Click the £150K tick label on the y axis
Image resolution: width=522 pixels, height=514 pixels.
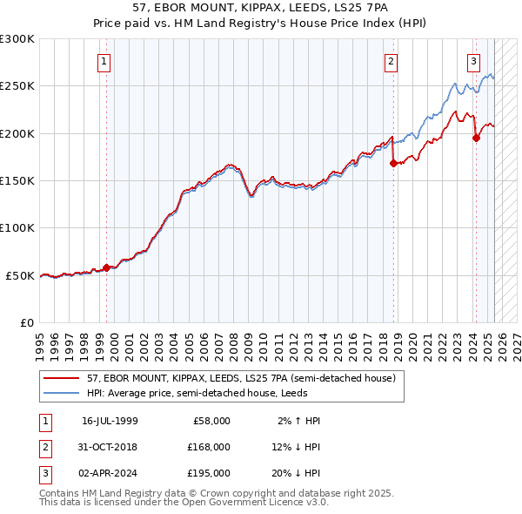pos(17,180)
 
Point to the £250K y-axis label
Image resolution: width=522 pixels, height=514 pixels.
pos(17,86)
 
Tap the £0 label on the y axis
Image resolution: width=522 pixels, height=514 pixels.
pos(27,322)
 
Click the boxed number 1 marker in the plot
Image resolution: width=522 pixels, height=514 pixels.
pos(104,61)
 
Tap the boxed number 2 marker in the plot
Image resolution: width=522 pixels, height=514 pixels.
pos(391,61)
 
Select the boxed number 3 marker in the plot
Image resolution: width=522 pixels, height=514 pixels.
pos(473,61)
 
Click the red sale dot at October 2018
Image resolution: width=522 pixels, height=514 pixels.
pos(393,163)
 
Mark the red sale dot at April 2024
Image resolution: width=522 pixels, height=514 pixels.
pos(476,138)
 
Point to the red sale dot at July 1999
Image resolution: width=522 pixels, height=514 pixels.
pos(107,267)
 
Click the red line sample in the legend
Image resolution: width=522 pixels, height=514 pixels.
pos(62,378)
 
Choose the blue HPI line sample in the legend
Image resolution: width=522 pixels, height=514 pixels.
pos(62,393)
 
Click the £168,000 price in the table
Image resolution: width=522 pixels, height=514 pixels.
pos(210,446)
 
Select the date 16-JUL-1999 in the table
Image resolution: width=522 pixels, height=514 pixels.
pos(110,420)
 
